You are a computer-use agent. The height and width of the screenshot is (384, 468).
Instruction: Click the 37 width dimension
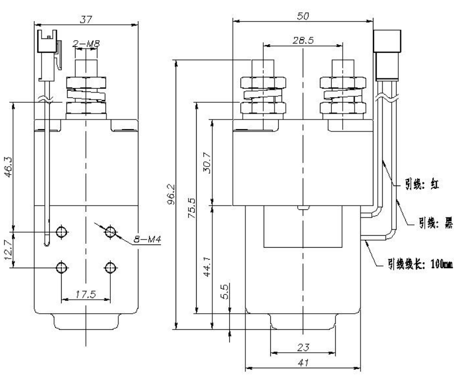point(85,19)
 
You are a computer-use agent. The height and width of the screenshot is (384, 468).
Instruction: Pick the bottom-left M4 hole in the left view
point(62,267)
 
